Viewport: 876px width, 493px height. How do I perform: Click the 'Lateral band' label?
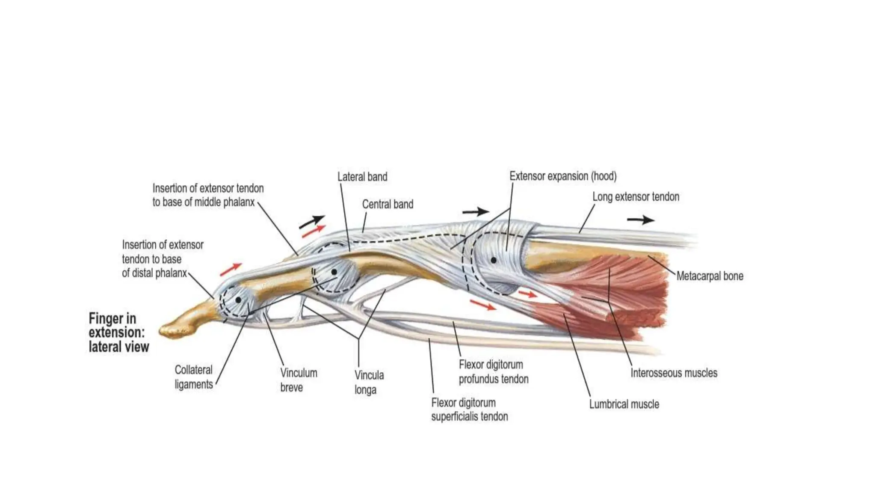(362, 177)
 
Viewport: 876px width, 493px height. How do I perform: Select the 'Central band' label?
(388, 204)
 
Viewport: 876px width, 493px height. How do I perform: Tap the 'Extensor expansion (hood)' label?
(563, 176)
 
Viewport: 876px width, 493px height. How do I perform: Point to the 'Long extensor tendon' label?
(636, 197)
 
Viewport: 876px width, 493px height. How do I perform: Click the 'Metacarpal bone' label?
(710, 276)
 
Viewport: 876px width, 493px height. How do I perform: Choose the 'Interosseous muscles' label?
(674, 373)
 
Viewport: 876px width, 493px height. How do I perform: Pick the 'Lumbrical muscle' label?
(624, 404)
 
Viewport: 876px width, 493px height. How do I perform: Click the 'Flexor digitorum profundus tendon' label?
(494, 371)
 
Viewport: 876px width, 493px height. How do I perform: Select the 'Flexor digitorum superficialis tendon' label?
(469, 409)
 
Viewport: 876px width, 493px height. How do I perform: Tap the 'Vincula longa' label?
(369, 382)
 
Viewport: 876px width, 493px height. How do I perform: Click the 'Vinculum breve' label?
(299, 380)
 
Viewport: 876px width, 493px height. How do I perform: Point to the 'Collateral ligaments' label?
(193, 377)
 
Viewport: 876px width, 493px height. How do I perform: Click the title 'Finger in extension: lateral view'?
(118, 333)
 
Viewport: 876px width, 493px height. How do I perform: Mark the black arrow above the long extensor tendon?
(640, 220)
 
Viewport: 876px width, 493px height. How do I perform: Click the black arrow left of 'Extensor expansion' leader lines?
(475, 211)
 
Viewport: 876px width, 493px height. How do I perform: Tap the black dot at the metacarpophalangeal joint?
(493, 260)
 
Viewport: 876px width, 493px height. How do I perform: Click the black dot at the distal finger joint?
(238, 300)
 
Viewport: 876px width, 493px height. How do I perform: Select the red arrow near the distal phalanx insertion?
(231, 269)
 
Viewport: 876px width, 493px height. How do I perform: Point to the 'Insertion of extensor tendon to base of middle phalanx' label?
(208, 195)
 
